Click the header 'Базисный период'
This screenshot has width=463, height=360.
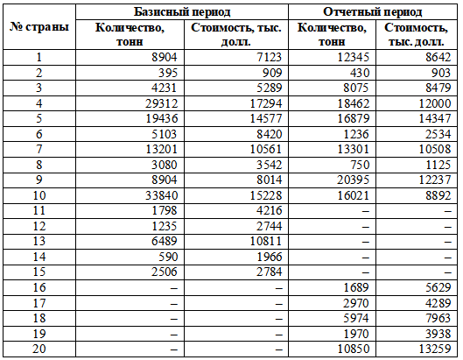pos(182,12)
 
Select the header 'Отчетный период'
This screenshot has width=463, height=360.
pos(372,12)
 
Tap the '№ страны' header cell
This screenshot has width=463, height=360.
pos(39,27)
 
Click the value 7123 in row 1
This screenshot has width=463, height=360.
pos(269,57)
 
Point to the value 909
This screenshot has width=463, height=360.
pos(272,73)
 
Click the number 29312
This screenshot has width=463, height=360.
pos(162,103)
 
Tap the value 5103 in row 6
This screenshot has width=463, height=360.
pos(165,134)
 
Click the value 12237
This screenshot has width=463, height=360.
pos(435,180)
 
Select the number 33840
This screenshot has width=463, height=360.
pos(162,195)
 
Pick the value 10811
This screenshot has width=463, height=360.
pos(266,241)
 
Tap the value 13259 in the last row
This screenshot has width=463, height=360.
pos(435,349)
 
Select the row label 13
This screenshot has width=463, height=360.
pos(39,241)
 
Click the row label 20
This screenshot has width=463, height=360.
pos(39,349)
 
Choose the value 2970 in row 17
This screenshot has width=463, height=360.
pos(356,303)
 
